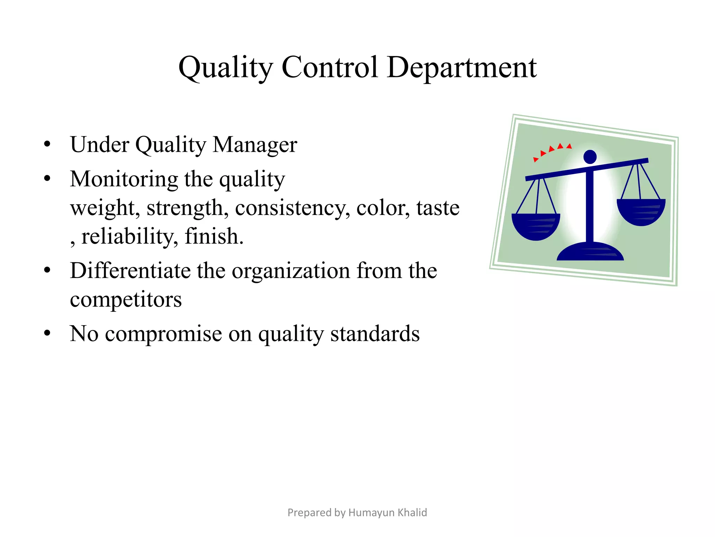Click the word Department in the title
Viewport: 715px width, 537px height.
pyautogui.click(x=462, y=67)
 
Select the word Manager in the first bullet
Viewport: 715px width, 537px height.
pyautogui.click(x=255, y=144)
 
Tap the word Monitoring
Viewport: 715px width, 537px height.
pyautogui.click(x=124, y=179)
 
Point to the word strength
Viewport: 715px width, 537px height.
pyautogui.click(x=187, y=208)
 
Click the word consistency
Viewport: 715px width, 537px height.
pyautogui.click(x=292, y=208)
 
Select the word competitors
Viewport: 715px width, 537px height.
pyautogui.click(x=126, y=300)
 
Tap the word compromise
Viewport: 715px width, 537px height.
pyautogui.click(x=163, y=334)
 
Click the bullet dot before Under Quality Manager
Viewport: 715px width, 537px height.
pyautogui.click(x=47, y=144)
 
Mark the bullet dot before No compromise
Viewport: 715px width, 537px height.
pyautogui.click(x=47, y=333)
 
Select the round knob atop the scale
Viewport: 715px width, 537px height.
pyautogui.click(x=590, y=157)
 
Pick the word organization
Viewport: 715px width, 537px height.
pyautogui.click(x=291, y=271)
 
